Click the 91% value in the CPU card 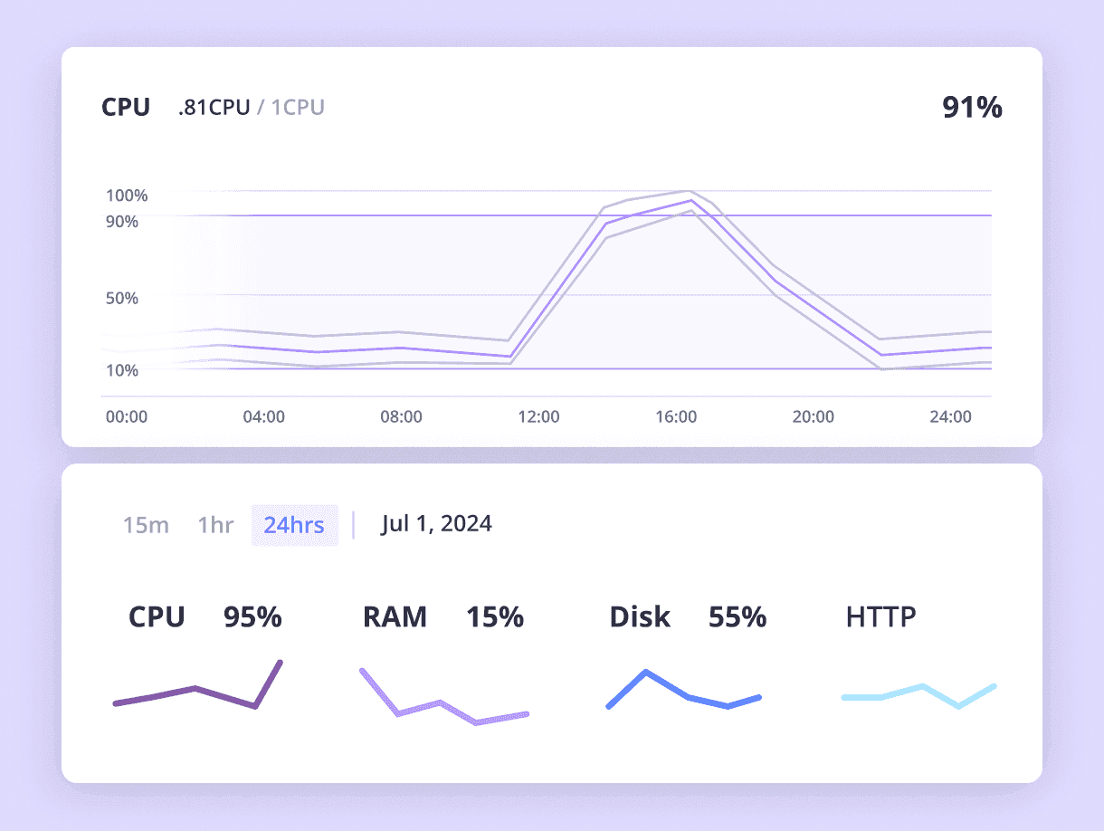972,108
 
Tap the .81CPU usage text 214,108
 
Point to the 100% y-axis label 127,196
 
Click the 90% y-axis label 122,221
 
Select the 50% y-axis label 122,298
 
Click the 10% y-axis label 122,370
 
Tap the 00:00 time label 127,417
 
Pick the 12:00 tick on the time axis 538,417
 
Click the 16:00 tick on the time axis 676,417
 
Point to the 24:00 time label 951,417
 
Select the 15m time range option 146,525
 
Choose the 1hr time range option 215,525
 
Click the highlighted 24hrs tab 294,525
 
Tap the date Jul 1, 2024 436,523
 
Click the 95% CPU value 252,617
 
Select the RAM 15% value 495,617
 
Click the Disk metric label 640,617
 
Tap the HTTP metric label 880,617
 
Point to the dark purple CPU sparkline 195,690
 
